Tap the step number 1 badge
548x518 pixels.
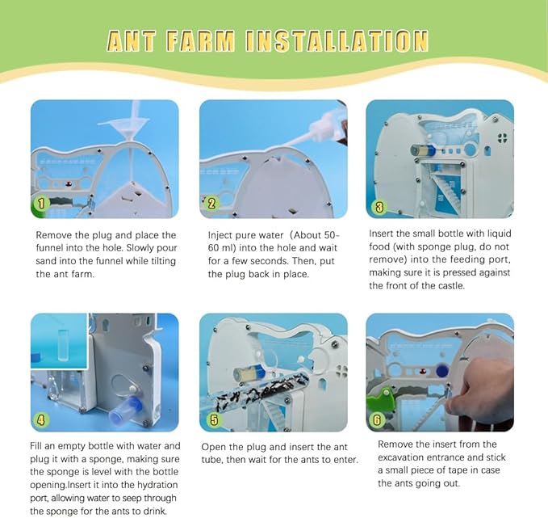pos(41,204)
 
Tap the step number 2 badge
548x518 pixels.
pos(211,204)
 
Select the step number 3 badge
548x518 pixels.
pos(379,206)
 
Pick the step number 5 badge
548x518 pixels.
pos(213,419)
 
